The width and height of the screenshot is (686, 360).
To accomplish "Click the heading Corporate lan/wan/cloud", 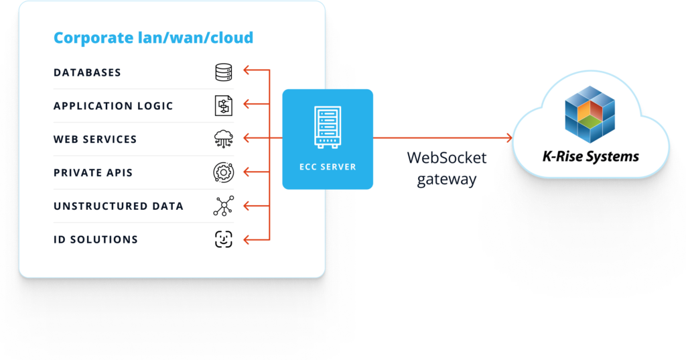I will tap(153, 38).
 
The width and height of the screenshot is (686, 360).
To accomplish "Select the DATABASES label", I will tap(87, 72).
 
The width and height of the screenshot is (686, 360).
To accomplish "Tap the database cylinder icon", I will tap(223, 72).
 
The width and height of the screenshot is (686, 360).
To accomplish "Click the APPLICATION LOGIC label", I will tap(113, 106).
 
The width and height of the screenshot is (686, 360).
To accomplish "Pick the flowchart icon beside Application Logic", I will tap(223, 105).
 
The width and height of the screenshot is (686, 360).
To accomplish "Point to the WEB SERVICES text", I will tap(95, 139).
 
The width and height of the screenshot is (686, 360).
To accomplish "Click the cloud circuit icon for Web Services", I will tap(223, 139).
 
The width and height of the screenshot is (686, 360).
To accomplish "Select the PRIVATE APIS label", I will tap(93, 173).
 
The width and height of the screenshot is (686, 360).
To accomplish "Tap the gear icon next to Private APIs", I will tap(223, 172).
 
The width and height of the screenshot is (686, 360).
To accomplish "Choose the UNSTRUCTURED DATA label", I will tap(119, 206).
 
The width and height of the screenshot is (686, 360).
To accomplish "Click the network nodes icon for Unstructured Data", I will tap(223, 206).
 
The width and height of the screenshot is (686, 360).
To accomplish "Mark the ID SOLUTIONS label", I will tap(96, 239).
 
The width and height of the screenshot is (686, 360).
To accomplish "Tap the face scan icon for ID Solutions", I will tap(223, 239).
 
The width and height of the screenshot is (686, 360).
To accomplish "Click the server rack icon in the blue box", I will tap(328, 128).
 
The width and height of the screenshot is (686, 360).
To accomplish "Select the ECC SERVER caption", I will tap(328, 167).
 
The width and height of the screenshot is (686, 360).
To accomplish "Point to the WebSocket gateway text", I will tap(446, 169).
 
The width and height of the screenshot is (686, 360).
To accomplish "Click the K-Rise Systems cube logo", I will tap(590, 114).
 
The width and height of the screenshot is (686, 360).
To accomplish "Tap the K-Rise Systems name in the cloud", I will tap(590, 158).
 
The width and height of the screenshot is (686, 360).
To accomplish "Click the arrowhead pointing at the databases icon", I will tap(247, 69).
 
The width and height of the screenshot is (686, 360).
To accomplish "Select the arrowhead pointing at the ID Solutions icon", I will tap(247, 239).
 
